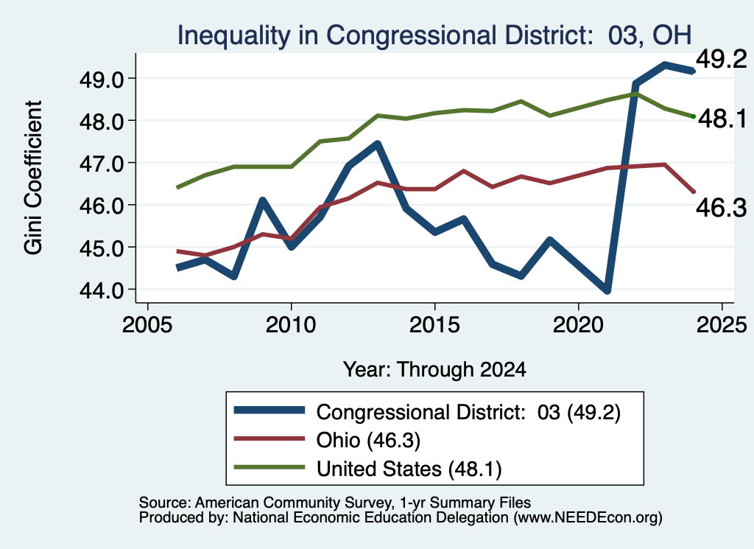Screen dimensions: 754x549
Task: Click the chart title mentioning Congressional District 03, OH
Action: click(434, 35)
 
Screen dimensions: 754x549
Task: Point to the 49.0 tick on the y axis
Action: click(102, 79)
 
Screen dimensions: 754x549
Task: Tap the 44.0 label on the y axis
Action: click(102, 290)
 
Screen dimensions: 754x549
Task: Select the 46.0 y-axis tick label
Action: click(102, 206)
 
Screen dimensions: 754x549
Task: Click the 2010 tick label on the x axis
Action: click(290, 325)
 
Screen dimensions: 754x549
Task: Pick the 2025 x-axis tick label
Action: click(722, 325)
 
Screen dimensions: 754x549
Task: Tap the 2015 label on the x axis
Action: click(434, 325)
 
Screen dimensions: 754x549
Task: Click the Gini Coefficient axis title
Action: click(33, 178)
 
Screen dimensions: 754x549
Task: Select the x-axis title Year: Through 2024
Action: click(434, 369)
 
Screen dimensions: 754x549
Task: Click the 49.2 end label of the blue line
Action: click(722, 60)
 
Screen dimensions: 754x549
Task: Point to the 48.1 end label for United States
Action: click(722, 119)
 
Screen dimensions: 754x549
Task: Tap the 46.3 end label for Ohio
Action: click(722, 208)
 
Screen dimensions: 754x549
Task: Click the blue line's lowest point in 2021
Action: click(607, 290)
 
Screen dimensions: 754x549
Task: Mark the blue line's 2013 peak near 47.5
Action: click(378, 144)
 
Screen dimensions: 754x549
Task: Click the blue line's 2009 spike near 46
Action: click(263, 200)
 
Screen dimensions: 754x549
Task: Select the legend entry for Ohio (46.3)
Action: click(327, 440)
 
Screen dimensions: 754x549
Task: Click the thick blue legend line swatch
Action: click(269, 410)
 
